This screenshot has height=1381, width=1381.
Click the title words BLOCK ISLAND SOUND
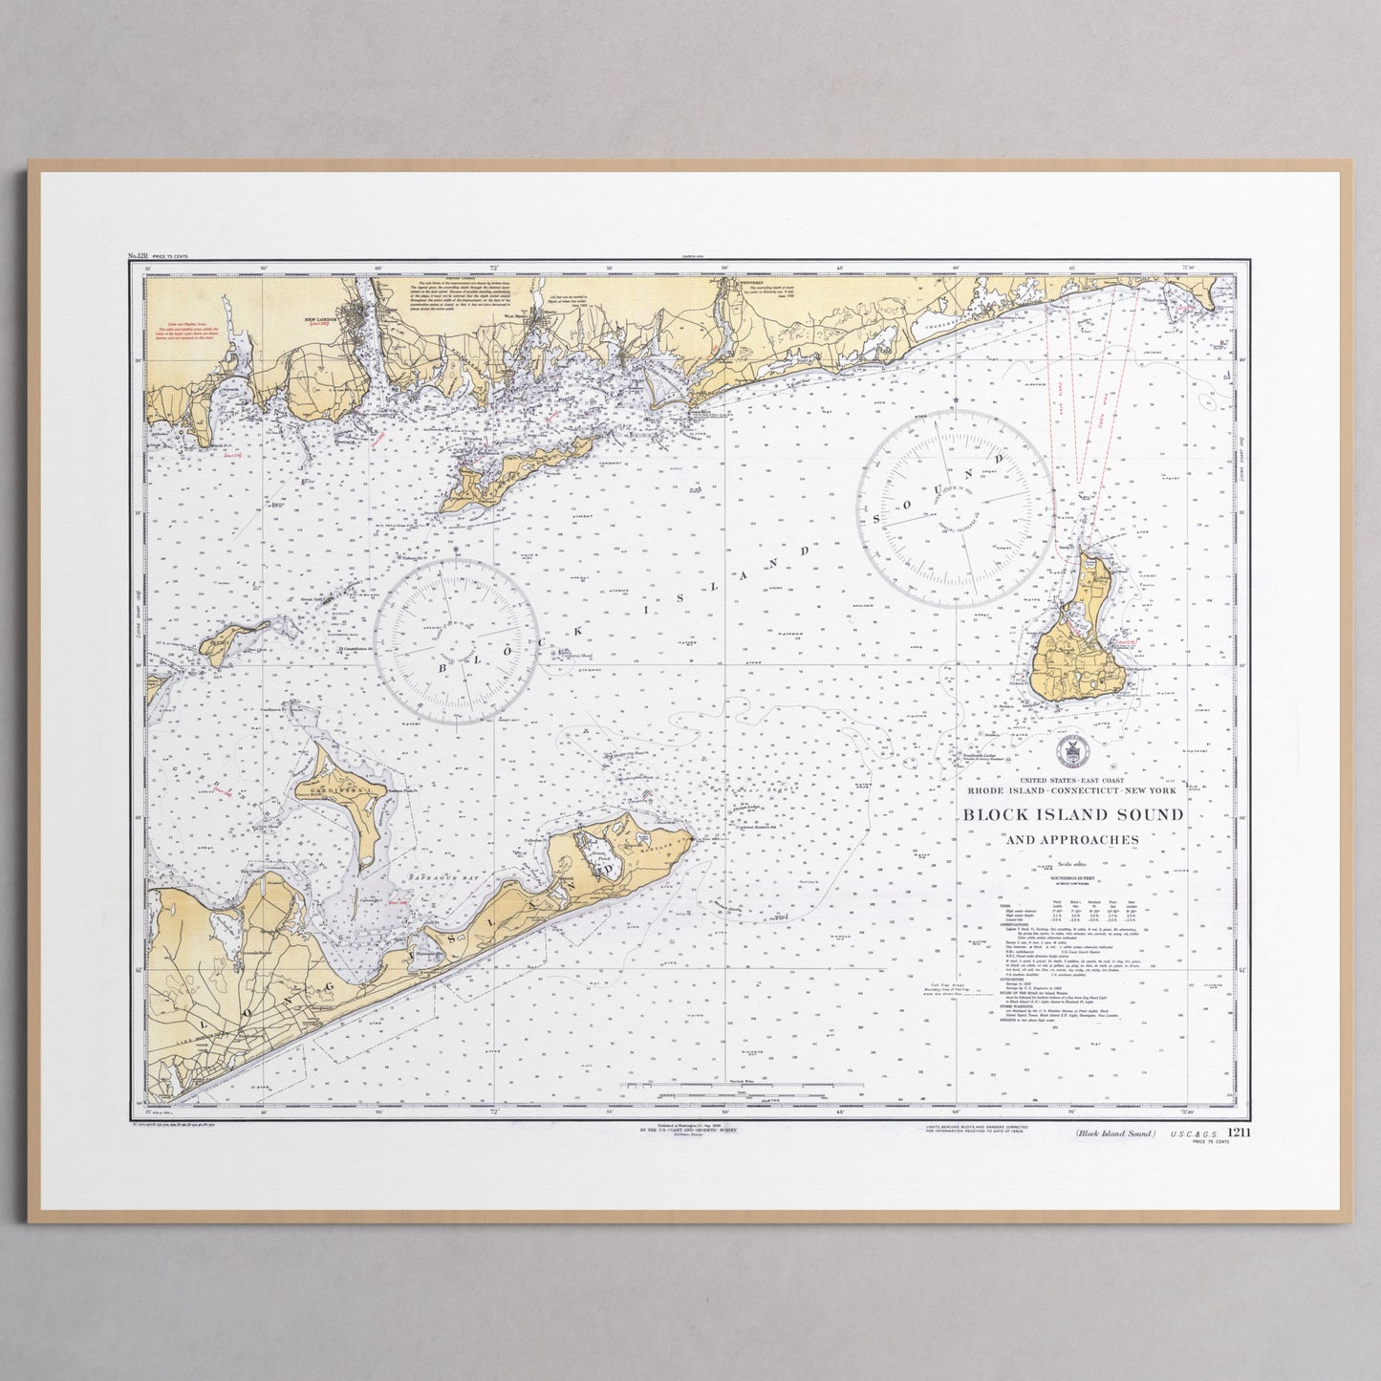point(1072,815)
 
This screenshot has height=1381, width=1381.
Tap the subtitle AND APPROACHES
point(1071,840)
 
